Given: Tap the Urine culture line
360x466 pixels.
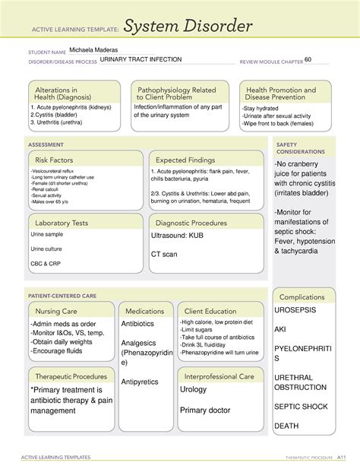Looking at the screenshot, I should click(x=47, y=249).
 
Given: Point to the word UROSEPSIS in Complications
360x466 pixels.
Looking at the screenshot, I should click(x=302, y=312).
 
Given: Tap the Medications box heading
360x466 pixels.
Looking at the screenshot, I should click(x=146, y=311).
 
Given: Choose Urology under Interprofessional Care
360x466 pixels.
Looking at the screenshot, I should click(x=194, y=389).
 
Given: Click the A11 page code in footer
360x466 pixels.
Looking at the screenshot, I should click(x=343, y=458).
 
